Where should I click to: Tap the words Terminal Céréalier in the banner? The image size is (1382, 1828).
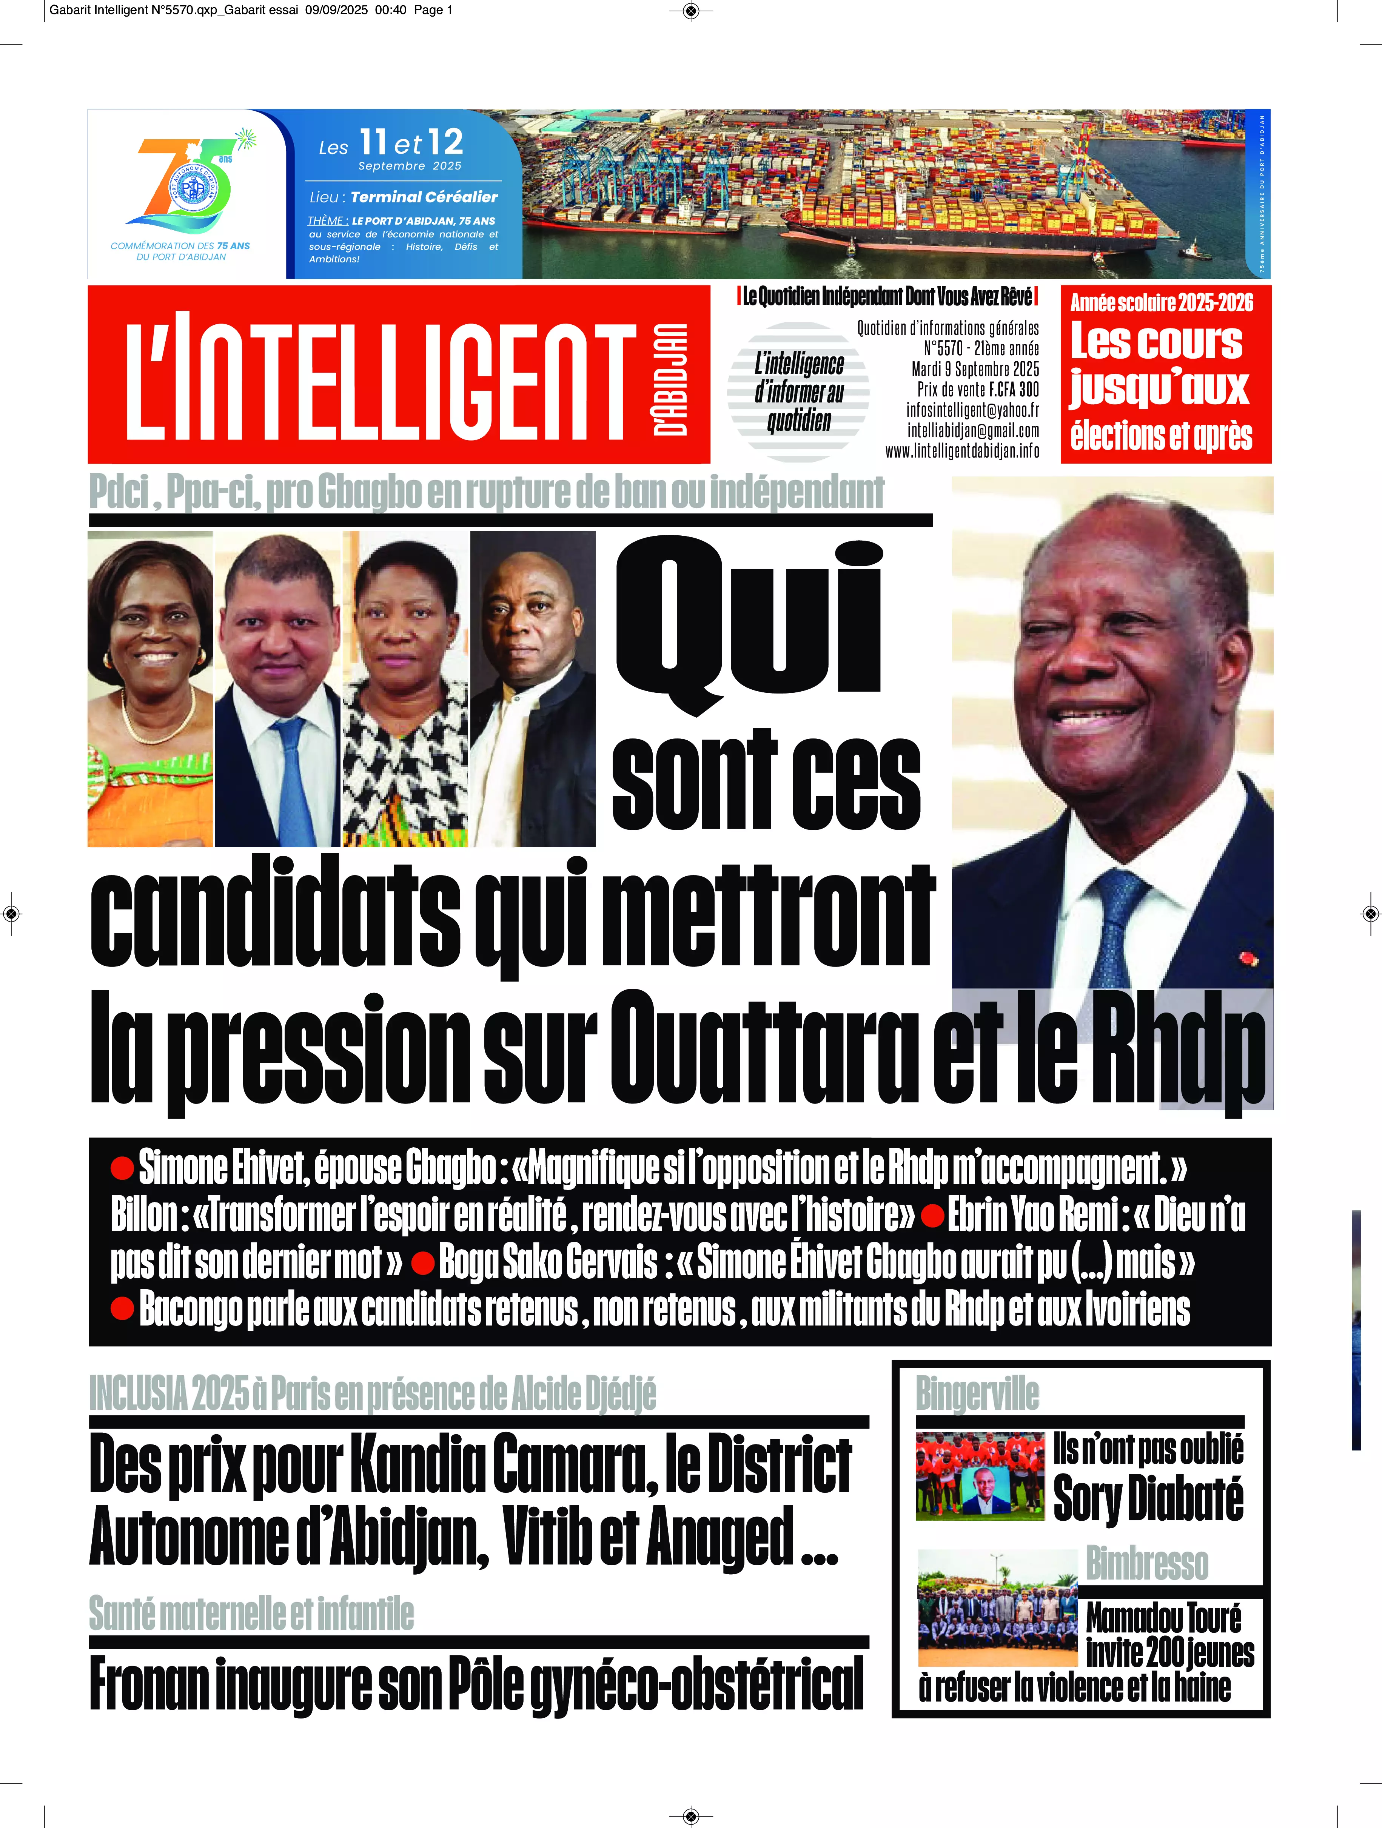(424, 197)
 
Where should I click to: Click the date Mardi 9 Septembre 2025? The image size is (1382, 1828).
(975, 369)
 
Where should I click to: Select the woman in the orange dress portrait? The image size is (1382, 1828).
(149, 688)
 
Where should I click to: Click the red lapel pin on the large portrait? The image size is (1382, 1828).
(1249, 959)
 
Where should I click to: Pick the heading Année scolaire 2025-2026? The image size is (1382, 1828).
(1161, 303)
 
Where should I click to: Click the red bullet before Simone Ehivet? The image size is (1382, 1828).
(122, 1168)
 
